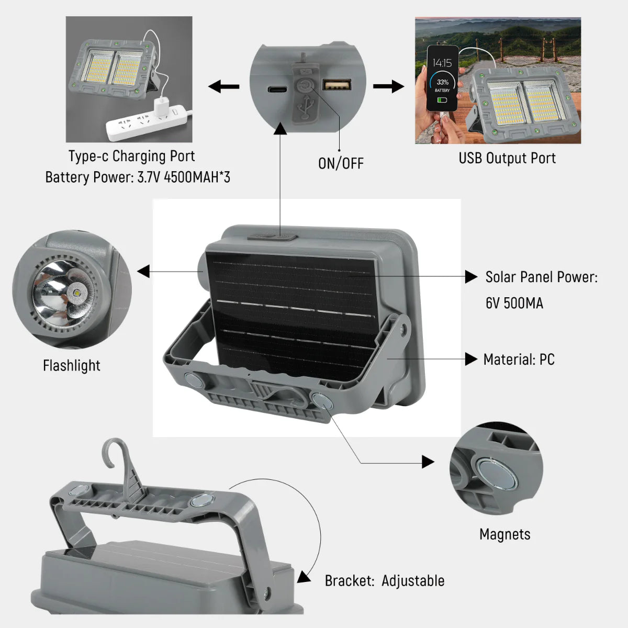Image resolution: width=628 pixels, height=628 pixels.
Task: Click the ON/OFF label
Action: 341,163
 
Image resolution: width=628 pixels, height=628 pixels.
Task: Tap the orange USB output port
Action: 337,84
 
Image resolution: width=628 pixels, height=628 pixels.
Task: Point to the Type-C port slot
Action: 277,89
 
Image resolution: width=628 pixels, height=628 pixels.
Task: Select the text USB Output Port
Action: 507,158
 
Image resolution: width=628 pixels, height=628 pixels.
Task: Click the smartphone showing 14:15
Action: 443,78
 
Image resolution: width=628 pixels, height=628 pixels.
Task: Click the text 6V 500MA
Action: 514,303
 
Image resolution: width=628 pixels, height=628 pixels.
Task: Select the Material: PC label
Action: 519,360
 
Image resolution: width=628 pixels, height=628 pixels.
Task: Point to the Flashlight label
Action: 71,365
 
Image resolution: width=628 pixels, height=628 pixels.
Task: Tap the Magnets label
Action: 505,534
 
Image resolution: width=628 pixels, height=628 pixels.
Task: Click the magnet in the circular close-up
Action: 497,473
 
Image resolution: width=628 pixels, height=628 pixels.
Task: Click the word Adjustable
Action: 413,581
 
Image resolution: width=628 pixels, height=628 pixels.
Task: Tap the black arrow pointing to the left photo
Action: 224,86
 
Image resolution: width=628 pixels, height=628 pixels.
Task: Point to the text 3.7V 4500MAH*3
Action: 183,177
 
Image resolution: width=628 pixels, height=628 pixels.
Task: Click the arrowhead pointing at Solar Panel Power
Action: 471,276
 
